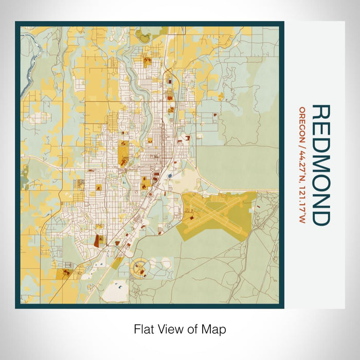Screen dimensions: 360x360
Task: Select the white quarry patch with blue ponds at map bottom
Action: coord(115,291)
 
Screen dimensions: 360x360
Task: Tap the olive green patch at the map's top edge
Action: coord(146,36)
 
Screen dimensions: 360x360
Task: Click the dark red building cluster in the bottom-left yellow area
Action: coord(66,274)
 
